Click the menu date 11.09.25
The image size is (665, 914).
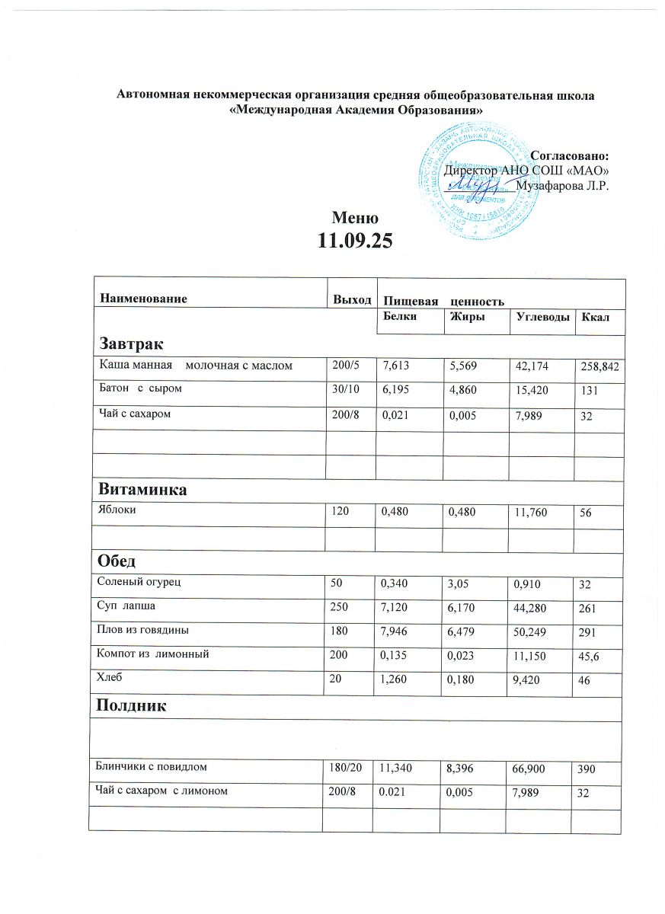pos(354,241)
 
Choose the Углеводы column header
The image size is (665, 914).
pos(540,317)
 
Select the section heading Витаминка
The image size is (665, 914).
pos(140,490)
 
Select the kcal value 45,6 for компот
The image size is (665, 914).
pos(590,654)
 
